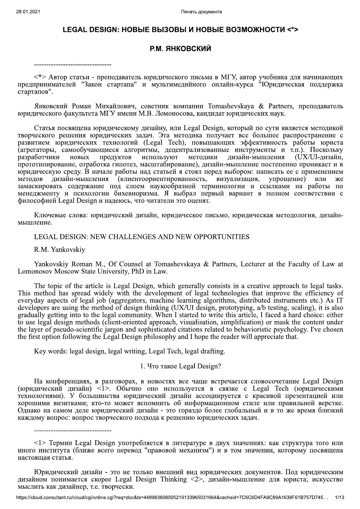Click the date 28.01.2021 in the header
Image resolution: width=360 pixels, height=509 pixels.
pos(28,12)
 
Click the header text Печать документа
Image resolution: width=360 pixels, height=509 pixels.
pos(201,12)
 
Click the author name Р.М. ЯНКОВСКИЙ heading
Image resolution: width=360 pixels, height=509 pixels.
pos(180,49)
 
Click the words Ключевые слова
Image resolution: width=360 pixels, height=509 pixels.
pos(61,215)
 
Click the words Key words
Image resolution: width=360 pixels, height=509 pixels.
pos(50,351)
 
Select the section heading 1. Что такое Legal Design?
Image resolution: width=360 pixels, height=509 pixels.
pos(180,366)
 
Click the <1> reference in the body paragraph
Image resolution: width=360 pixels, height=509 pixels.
pos(103,389)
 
